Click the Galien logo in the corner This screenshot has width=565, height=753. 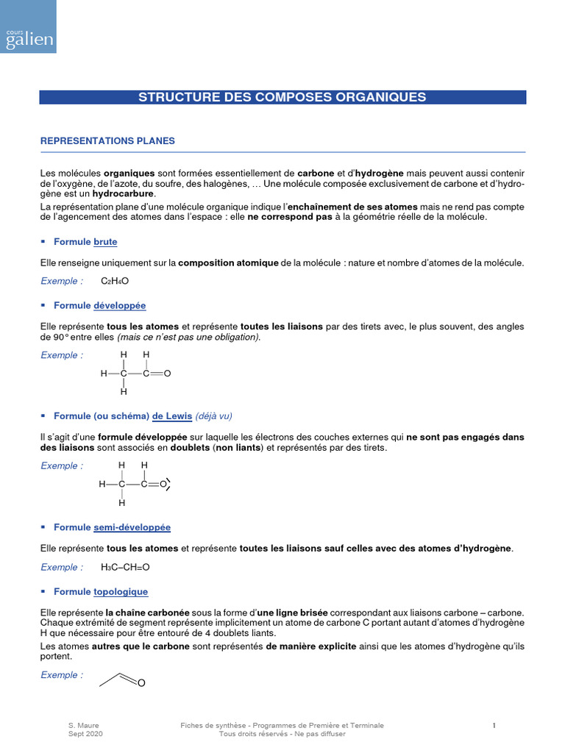[x=28, y=26]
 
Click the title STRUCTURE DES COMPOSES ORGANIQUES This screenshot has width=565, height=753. [x=282, y=97]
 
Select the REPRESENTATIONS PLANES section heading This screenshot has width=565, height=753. [x=107, y=140]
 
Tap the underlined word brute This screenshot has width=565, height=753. [x=105, y=242]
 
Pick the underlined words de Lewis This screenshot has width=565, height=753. [x=172, y=416]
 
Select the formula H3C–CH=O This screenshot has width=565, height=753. [x=125, y=567]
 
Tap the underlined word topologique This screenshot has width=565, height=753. [x=121, y=591]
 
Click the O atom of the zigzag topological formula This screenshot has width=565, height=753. [x=141, y=684]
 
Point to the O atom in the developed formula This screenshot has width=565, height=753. [x=168, y=374]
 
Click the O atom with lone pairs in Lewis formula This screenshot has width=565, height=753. [x=164, y=484]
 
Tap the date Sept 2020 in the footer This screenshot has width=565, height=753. [x=85, y=734]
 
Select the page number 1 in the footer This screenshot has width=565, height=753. [x=494, y=726]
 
